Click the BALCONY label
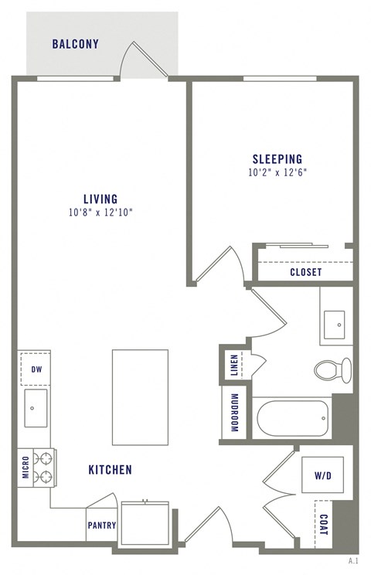76,44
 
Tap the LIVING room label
101,199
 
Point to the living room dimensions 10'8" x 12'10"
101,213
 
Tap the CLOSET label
306,273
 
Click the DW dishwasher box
36,369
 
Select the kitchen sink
36,407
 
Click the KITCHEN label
110,469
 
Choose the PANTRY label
101,526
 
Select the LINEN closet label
234,366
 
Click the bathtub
292,418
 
